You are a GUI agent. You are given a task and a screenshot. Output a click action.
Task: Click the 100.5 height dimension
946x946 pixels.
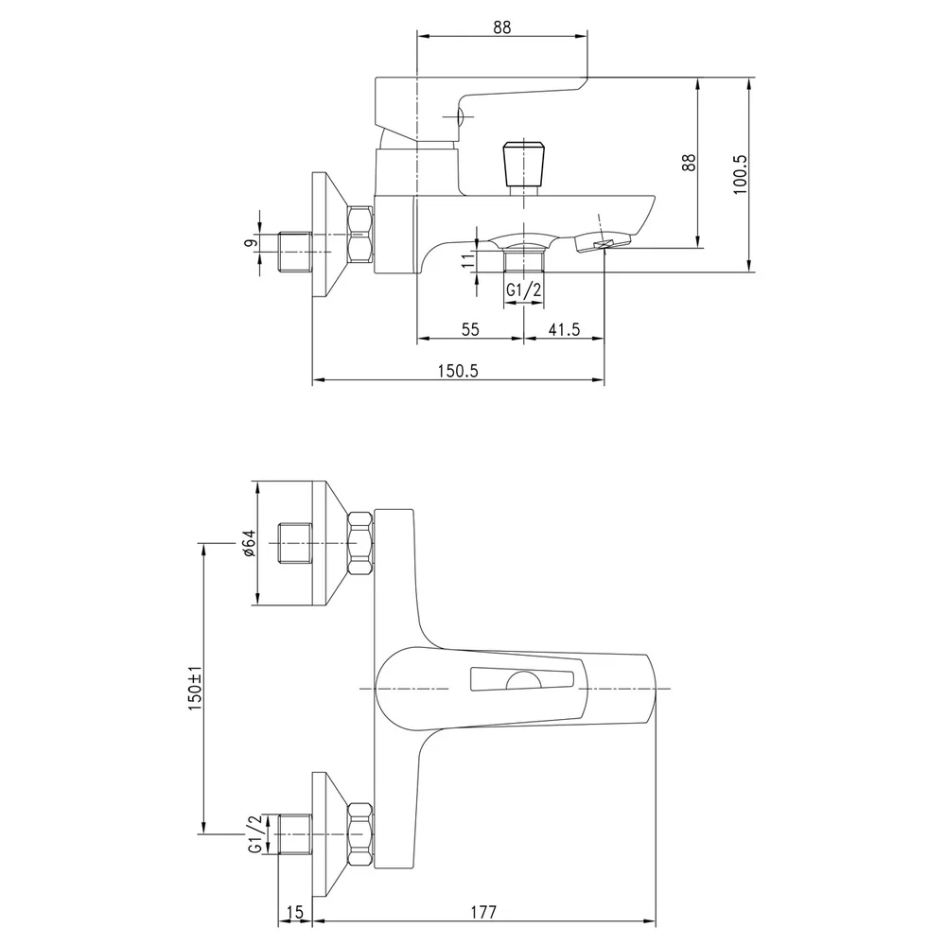741,175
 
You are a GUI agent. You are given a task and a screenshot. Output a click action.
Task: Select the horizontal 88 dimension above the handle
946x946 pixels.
501,27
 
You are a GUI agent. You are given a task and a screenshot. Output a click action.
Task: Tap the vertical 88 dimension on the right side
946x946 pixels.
689,163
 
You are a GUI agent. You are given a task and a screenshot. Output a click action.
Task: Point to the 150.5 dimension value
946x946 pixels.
458,371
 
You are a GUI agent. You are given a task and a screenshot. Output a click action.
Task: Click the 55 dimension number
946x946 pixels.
470,329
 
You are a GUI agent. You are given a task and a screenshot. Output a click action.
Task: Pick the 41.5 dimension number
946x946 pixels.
564,329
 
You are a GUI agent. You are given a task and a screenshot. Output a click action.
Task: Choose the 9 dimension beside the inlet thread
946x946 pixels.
251,242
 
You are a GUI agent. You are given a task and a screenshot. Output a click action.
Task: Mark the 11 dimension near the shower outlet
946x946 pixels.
468,261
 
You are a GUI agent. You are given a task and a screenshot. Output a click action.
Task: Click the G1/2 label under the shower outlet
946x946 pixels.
523,290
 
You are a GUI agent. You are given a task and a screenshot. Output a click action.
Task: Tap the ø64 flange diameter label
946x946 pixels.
248,543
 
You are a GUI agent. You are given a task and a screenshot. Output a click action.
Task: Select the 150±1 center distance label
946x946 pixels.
194,689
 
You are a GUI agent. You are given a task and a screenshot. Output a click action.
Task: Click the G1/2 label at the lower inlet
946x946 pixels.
255,833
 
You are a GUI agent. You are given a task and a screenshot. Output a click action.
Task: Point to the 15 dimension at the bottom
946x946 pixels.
295,912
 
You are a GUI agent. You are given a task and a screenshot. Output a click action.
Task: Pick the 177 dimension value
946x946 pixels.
483,912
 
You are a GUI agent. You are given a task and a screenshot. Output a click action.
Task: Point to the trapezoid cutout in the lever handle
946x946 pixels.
521,678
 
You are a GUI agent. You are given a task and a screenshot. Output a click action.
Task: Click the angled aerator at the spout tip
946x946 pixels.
603,242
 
